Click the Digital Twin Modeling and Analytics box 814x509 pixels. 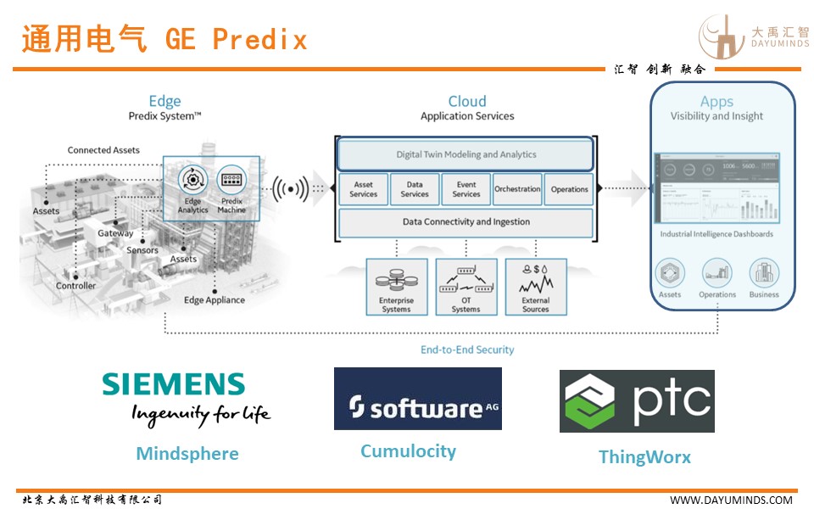pyautogui.click(x=466, y=154)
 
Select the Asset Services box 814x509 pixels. pyautogui.click(x=363, y=189)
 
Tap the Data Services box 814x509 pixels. pyautogui.click(x=415, y=189)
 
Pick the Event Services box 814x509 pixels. pyautogui.click(x=466, y=189)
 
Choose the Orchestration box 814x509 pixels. pyautogui.click(x=517, y=189)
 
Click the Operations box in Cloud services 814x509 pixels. pyautogui.click(x=569, y=189)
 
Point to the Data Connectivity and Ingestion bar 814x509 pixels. pyautogui.click(x=466, y=222)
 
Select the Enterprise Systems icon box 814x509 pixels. pyautogui.click(x=396, y=287)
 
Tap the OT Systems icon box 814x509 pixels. pyautogui.click(x=466, y=287)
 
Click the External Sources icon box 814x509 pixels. pyautogui.click(x=535, y=287)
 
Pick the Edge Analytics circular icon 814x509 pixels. pyautogui.click(x=192, y=180)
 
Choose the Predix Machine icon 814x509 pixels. pyautogui.click(x=231, y=180)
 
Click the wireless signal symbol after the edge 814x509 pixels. pyautogui.click(x=289, y=185)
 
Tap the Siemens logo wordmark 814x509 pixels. pyautogui.click(x=174, y=384)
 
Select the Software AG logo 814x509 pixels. pyautogui.click(x=417, y=399)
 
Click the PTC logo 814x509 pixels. pyautogui.click(x=637, y=401)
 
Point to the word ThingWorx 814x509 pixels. pyautogui.click(x=644, y=457)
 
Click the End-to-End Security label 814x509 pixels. pyautogui.click(x=467, y=350)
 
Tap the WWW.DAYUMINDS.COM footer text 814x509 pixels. pyautogui.click(x=731, y=500)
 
